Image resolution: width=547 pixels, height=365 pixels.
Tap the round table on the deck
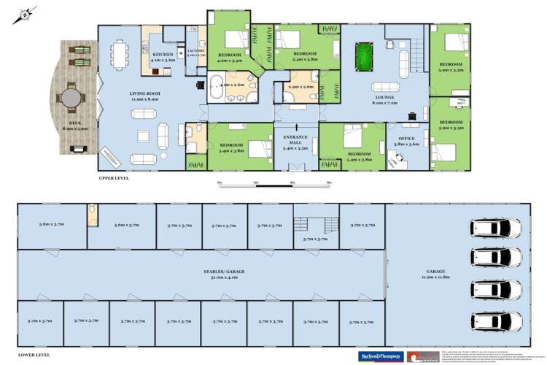[x=71, y=97]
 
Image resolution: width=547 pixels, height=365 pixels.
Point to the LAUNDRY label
[x=195, y=52]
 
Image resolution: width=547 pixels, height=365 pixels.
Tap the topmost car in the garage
[x=497, y=228]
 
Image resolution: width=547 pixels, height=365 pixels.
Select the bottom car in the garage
[x=497, y=320]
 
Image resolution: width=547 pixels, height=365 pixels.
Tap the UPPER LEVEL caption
[x=115, y=177]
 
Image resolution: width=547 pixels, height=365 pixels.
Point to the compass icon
[x=26, y=12]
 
